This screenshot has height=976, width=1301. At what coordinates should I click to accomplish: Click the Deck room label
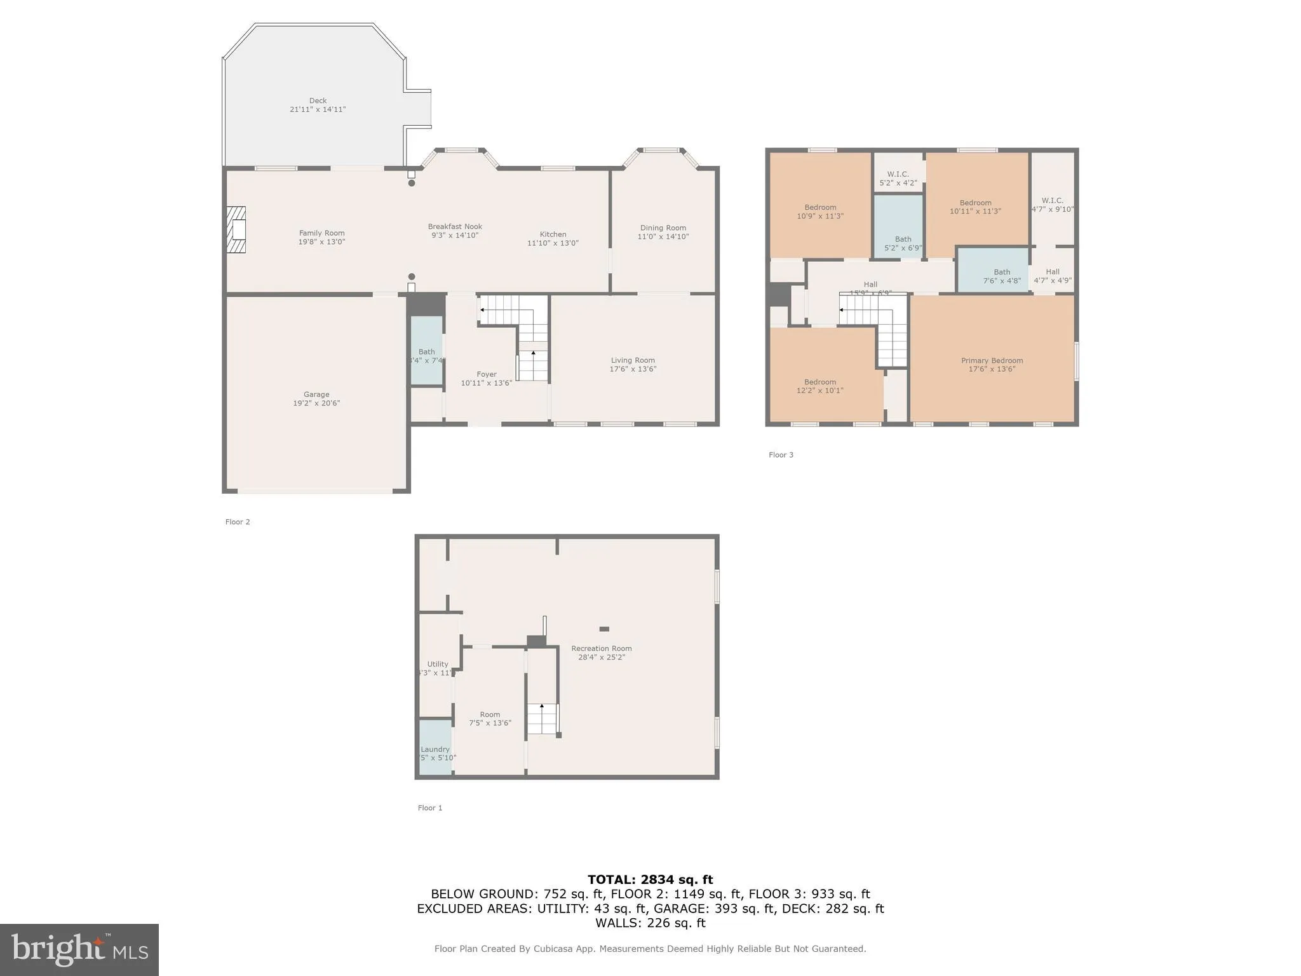[318, 100]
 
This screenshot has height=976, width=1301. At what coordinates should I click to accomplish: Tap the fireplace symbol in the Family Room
[237, 229]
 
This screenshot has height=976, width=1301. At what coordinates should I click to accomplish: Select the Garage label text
[316, 395]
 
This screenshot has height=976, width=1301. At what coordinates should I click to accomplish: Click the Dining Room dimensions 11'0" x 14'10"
[663, 237]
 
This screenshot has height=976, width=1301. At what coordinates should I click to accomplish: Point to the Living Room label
[633, 360]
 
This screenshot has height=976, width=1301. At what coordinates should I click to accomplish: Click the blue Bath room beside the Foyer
[426, 351]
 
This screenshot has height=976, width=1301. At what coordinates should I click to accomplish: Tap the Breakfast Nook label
[455, 227]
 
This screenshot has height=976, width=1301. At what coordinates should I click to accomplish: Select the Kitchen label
[553, 234]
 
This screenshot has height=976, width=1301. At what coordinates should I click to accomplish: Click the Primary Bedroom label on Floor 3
[992, 361]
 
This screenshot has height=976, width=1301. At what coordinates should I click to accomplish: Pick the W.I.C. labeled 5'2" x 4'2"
[898, 179]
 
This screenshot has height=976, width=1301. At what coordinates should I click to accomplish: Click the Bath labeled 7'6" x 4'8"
[1001, 276]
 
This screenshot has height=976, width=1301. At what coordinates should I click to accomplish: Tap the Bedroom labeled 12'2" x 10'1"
[819, 386]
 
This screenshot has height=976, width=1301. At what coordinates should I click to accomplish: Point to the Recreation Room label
[601, 649]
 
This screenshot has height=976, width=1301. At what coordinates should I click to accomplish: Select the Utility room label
[437, 664]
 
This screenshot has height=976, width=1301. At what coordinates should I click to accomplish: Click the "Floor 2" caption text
[238, 522]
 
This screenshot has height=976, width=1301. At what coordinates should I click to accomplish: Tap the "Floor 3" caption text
[781, 455]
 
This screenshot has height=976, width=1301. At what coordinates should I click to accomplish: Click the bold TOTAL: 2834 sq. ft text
[650, 880]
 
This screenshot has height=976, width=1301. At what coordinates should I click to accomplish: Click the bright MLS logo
[79, 950]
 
